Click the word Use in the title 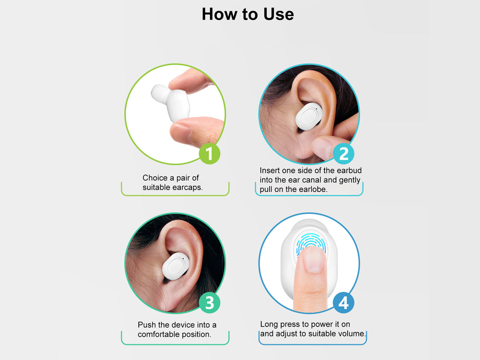tap(278, 14)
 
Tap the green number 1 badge tap(209, 154)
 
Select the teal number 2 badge tap(343, 154)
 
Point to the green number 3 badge tap(209, 303)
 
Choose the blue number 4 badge tap(343, 303)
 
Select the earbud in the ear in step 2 tap(309, 116)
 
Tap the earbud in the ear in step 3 tap(176, 266)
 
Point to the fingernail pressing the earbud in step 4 tap(314, 261)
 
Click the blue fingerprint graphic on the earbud tap(311, 244)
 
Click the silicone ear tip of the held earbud tap(160, 94)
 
